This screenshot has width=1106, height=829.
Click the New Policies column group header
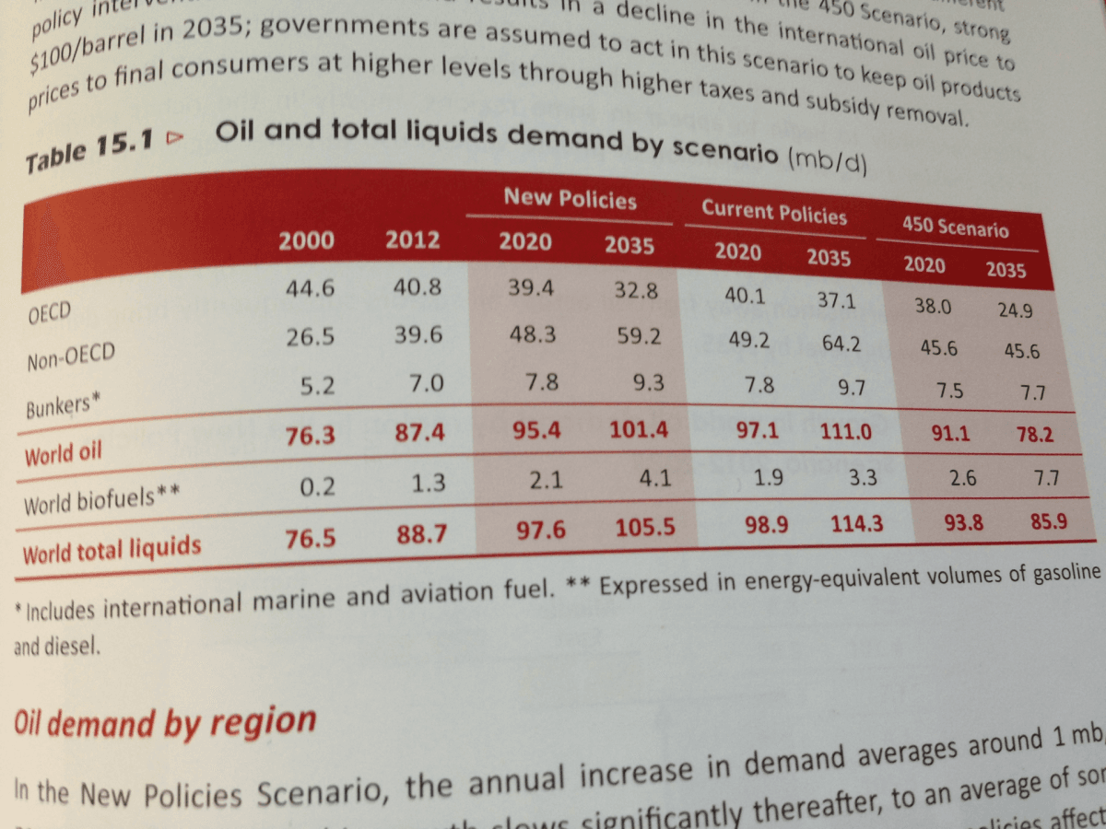point(570,200)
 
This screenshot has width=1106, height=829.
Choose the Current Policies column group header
point(774,212)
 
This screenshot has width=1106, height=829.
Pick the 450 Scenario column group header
point(956,227)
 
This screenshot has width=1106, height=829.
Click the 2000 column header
point(307,241)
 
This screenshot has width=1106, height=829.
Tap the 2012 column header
point(413,241)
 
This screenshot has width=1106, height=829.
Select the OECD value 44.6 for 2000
point(310,288)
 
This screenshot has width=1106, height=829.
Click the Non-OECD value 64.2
point(841,344)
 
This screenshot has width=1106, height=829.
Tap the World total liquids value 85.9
point(1049,520)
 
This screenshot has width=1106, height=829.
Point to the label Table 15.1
point(90,152)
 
